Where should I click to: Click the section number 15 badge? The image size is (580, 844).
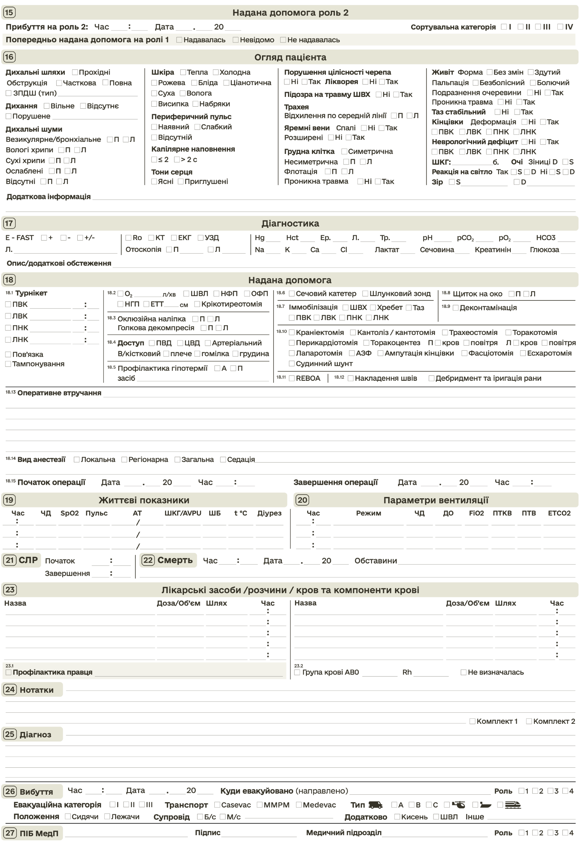pos(9,12)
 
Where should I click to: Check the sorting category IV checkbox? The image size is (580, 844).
pos(560,27)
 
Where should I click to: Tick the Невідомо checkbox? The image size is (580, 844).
pos(236,39)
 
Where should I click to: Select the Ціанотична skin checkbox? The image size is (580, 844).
pos(226,83)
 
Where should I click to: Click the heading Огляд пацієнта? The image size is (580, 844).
pos(290,57)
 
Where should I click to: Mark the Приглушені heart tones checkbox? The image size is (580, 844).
pos(181,181)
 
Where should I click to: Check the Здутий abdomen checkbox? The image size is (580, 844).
pos(531,72)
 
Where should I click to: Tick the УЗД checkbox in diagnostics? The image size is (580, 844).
pos(201,238)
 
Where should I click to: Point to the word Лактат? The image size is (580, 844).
pos(387,249)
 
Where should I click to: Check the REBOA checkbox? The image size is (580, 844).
pos(291,378)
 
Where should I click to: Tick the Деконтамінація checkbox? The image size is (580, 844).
pos(455,308)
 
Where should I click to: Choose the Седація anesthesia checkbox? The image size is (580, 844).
pos(223,459)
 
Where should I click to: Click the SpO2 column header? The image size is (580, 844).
pos(70,513)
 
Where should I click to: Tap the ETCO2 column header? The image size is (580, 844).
pos(559,513)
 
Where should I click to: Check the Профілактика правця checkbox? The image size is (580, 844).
pos(9,672)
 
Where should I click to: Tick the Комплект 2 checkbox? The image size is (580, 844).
pos(529,721)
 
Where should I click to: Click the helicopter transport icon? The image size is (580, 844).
pos(458,805)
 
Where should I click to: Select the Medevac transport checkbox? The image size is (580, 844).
pos(299,805)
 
